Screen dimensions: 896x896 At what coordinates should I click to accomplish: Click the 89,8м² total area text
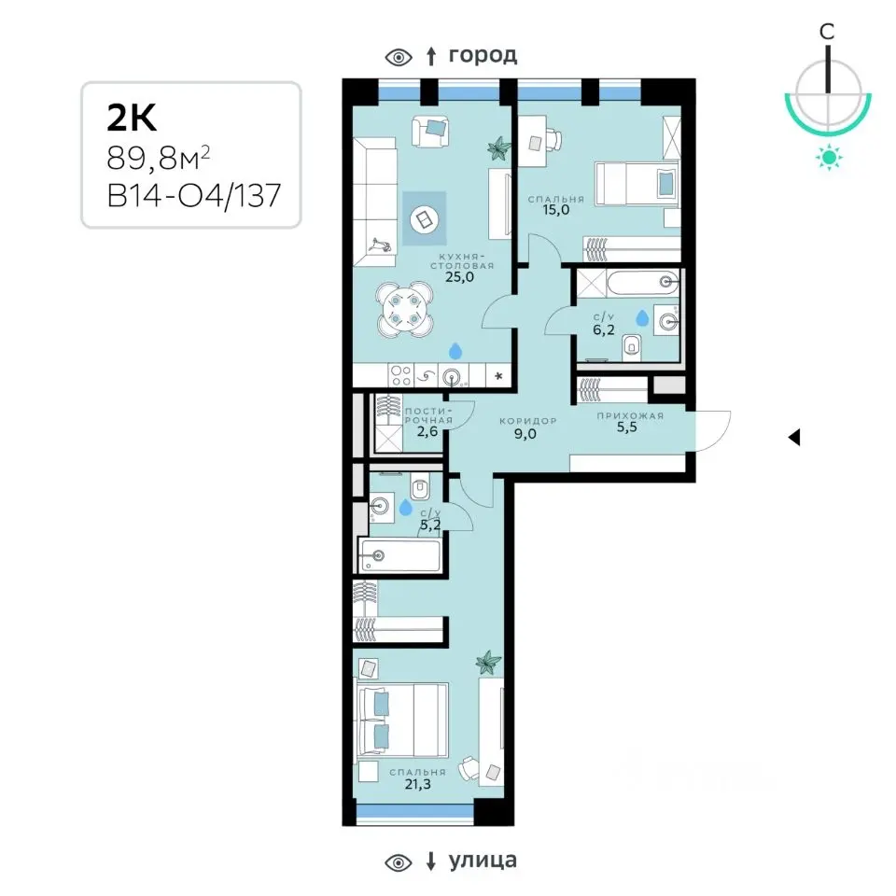pyautogui.click(x=159, y=158)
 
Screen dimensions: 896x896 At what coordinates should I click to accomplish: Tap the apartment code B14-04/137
pyautogui.click(x=194, y=195)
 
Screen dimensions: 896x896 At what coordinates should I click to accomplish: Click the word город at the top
pyautogui.click(x=483, y=55)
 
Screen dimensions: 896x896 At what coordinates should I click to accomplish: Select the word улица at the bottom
pyautogui.click(x=483, y=860)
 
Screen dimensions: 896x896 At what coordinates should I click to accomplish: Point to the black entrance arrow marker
pyautogui.click(x=793, y=438)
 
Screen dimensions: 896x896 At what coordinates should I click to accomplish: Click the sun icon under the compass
pyautogui.click(x=829, y=157)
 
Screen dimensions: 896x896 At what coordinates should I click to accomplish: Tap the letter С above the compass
pyautogui.click(x=827, y=32)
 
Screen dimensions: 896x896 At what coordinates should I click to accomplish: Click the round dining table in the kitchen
pyautogui.click(x=404, y=310)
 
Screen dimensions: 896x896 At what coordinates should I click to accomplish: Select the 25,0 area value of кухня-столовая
pyautogui.click(x=459, y=278)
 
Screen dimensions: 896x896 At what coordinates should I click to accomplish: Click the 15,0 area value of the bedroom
pyautogui.click(x=555, y=210)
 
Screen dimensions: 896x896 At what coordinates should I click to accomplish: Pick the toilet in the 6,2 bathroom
pyautogui.click(x=632, y=346)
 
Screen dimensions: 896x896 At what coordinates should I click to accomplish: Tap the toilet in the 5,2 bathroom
pyautogui.click(x=420, y=486)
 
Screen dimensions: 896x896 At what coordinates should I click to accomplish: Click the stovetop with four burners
pyautogui.click(x=400, y=376)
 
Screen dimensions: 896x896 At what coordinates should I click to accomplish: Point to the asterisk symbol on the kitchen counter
pyautogui.click(x=498, y=376)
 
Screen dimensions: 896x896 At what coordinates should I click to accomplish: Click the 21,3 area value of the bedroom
pyautogui.click(x=418, y=785)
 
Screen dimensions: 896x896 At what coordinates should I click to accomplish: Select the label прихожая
pyautogui.click(x=630, y=416)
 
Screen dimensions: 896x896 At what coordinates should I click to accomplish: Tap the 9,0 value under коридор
pyautogui.click(x=525, y=434)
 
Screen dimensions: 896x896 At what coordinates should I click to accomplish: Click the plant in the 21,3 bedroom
pyautogui.click(x=488, y=663)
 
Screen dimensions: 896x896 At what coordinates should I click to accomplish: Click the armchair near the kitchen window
pyautogui.click(x=430, y=132)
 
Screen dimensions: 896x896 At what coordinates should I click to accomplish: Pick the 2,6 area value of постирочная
pyautogui.click(x=427, y=431)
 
